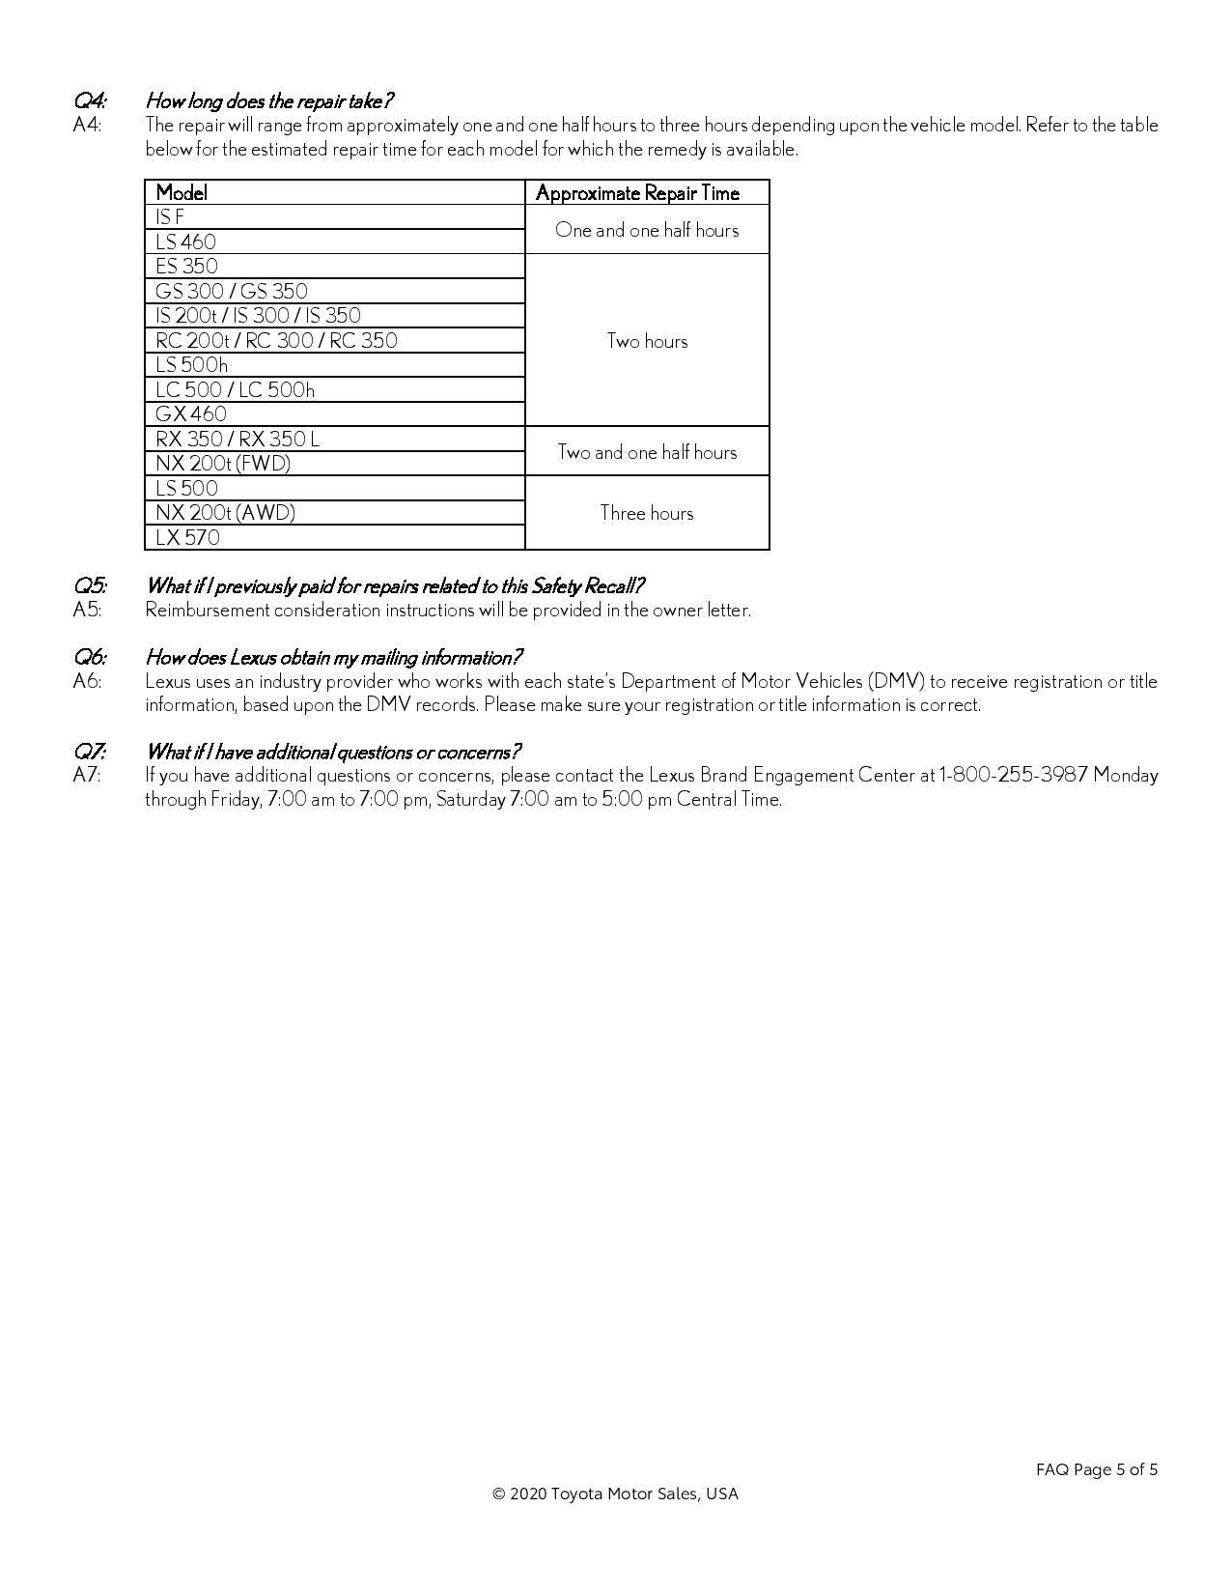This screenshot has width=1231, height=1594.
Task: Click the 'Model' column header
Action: point(182,192)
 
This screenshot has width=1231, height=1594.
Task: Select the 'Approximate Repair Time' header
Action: point(637,192)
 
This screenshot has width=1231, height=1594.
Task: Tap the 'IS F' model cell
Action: point(170,217)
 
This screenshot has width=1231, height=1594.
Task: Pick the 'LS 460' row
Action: point(185,242)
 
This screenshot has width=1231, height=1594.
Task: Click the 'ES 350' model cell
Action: point(186,267)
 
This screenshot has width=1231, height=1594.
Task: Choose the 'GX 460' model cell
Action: point(191,414)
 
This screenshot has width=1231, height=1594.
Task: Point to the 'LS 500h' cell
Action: point(192,365)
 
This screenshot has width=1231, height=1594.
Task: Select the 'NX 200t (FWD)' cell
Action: point(223,464)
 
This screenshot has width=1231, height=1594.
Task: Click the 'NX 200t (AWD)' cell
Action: point(225,513)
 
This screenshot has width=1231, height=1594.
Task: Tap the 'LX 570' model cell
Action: point(187,538)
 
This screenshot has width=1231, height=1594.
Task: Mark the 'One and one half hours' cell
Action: point(647,230)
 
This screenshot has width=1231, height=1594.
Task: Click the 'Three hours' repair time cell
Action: point(647,513)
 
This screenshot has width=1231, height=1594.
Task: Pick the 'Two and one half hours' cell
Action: point(647,452)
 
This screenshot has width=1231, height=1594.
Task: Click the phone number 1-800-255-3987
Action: point(1014,776)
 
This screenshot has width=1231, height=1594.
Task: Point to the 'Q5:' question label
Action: point(90,586)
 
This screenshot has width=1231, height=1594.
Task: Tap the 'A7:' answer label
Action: point(87,776)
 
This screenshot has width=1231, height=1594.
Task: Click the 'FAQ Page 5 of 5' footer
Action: point(1097,1470)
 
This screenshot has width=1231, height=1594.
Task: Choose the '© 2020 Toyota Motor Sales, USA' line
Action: point(615,1494)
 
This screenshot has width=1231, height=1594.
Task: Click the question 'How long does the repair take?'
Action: point(269,101)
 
